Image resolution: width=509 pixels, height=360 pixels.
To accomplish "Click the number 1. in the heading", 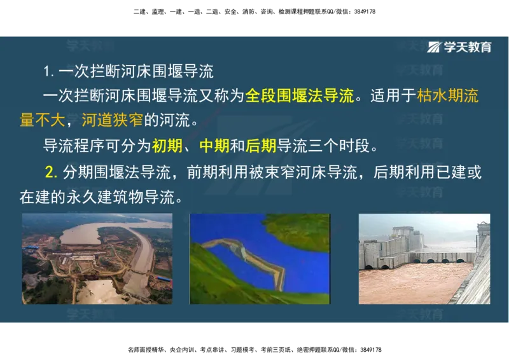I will [x=48, y=70].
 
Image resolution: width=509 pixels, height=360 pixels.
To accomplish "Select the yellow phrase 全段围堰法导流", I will [x=299, y=96].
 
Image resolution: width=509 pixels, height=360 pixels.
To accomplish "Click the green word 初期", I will [x=167, y=146].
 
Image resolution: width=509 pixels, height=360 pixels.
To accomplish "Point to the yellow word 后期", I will [x=261, y=146].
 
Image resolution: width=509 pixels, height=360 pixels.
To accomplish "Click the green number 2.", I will [x=52, y=172].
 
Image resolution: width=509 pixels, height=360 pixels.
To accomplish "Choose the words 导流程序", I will [x=66, y=146].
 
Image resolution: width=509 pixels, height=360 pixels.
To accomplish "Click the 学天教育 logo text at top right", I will [x=468, y=47].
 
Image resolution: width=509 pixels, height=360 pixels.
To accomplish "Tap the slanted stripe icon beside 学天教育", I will [x=435, y=47].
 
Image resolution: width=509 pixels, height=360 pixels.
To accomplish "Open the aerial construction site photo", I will [x=97, y=258].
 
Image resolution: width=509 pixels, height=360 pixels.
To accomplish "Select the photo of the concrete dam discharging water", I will [x=424, y=258].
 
